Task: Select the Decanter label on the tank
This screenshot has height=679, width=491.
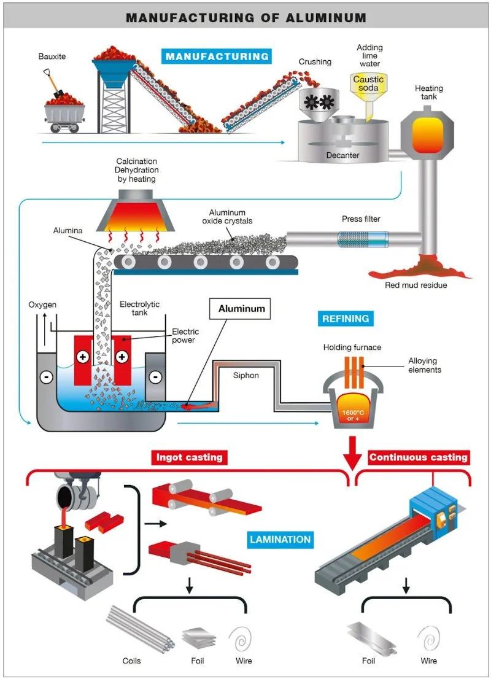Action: [x=342, y=155]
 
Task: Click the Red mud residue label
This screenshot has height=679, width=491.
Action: [x=416, y=285]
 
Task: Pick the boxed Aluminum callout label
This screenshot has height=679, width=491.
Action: [x=241, y=309]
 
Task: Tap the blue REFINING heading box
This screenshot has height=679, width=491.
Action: [x=346, y=319]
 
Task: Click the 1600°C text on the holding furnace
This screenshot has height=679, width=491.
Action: [x=353, y=413]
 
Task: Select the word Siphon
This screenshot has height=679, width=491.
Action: [x=246, y=376]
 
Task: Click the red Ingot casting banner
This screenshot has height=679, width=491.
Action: [x=189, y=457]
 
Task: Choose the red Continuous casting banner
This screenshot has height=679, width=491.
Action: [x=418, y=457]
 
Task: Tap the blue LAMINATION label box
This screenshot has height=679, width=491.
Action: [x=280, y=540]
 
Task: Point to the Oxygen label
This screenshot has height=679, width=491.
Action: [x=42, y=305]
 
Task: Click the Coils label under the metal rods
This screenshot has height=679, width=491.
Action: [x=131, y=661]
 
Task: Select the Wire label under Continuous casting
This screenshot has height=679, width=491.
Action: [x=428, y=661]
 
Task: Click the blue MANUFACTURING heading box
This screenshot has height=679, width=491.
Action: [x=217, y=56]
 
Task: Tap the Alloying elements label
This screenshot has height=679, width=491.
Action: [x=425, y=365]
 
